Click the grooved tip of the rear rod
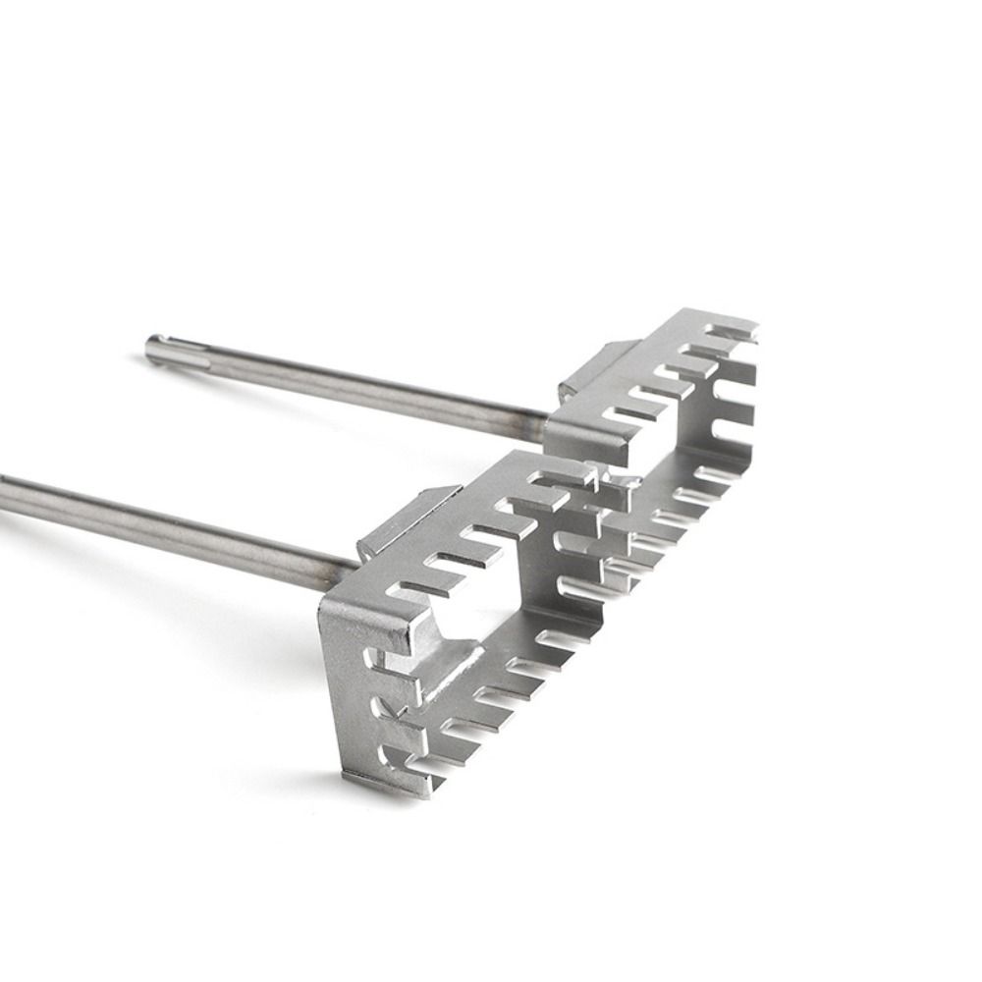[x=157, y=349]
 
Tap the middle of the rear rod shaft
[x=344, y=382]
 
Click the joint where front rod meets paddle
[x=344, y=564]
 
